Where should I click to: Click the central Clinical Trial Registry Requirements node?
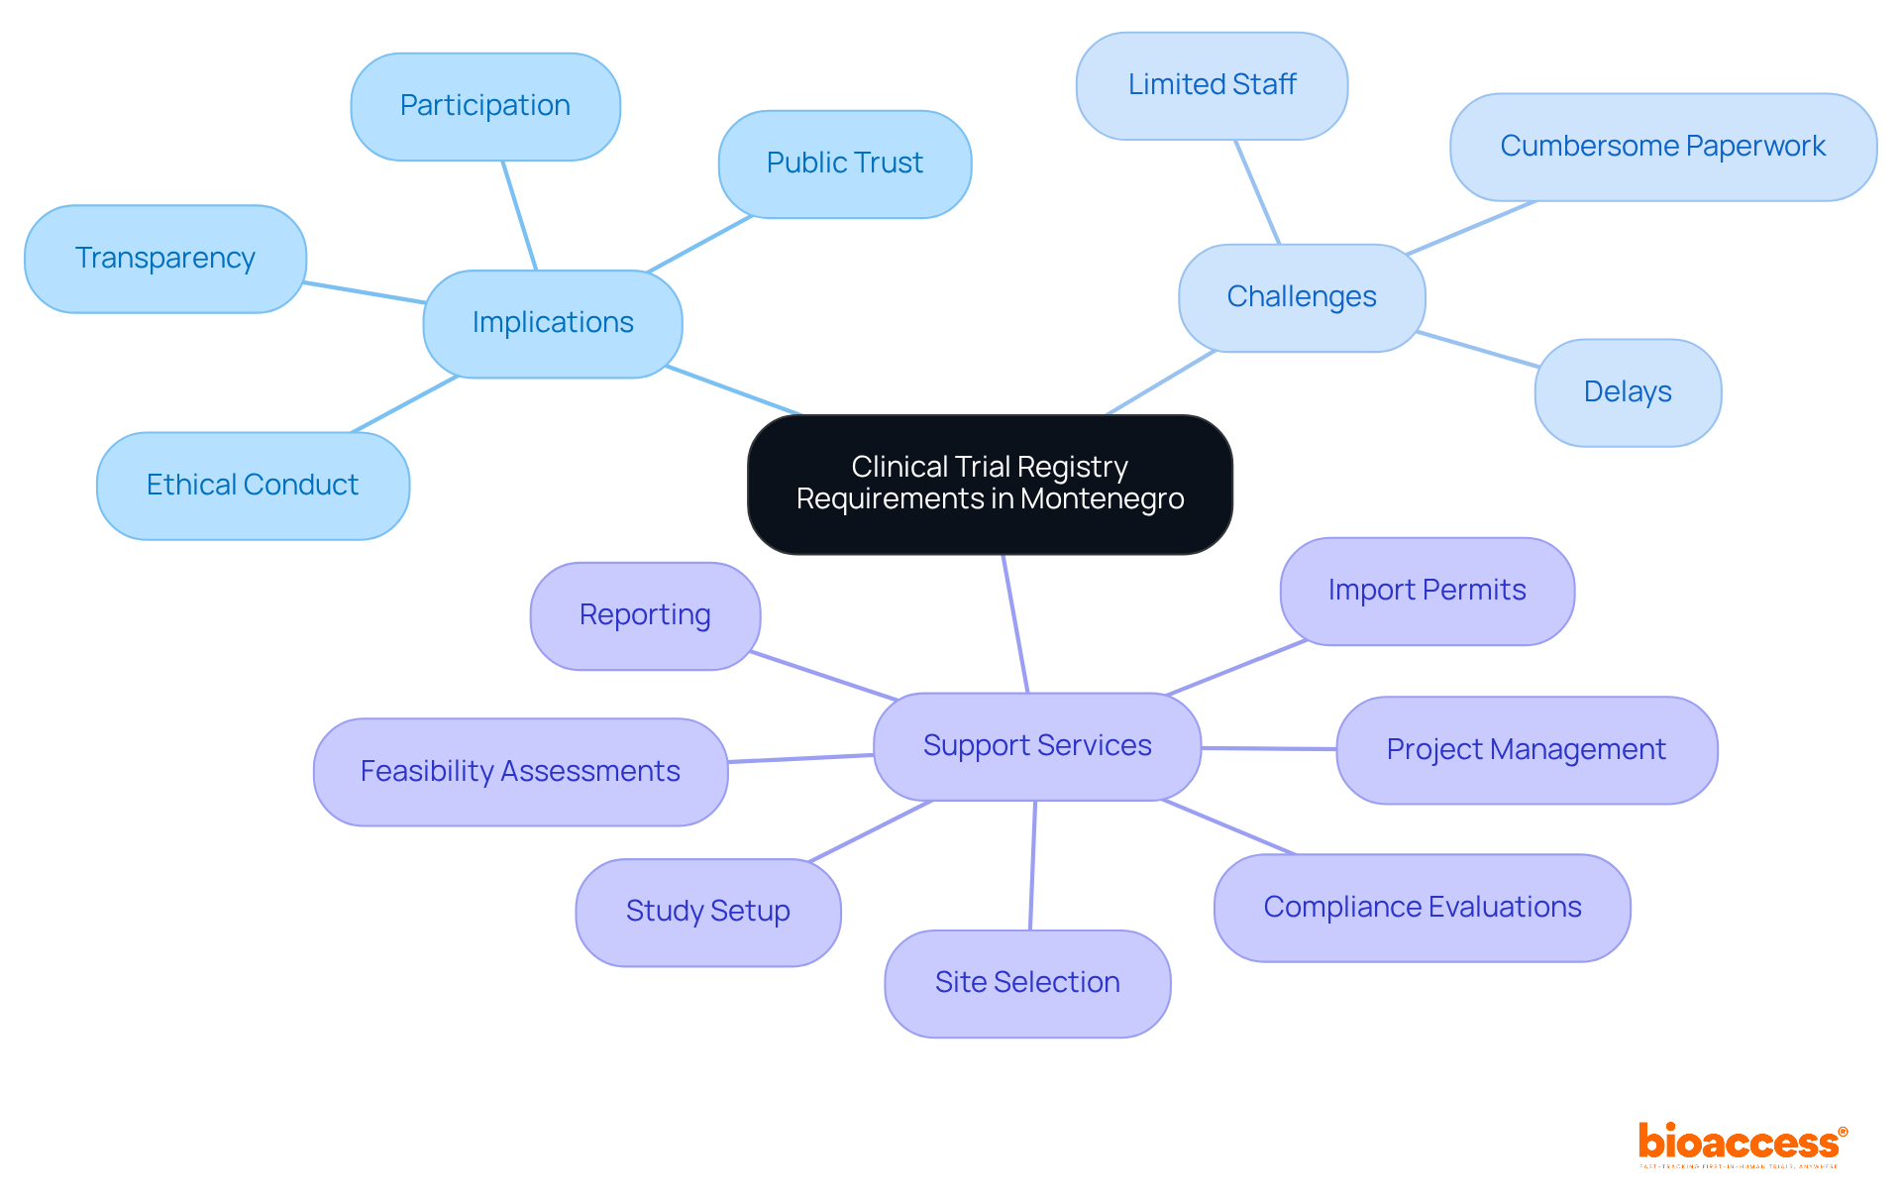point(990,484)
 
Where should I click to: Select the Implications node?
point(553,323)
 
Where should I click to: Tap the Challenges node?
point(1301,297)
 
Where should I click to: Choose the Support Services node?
point(1037,746)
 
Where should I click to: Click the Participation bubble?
point(485,106)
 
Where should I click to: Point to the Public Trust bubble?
point(844,164)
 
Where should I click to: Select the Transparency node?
point(165,259)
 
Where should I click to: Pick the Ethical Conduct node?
point(253,486)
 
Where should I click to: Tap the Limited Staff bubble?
point(1212,85)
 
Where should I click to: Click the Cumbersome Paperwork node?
point(1662,147)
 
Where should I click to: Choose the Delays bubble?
point(1628,392)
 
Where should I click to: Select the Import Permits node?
point(1426,591)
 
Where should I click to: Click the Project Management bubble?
point(1526,750)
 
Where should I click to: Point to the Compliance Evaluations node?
point(1422,908)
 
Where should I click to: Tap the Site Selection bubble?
point(1027,983)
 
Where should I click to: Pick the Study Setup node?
point(707,912)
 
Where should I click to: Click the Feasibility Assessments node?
point(520,772)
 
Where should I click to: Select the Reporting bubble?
point(645,615)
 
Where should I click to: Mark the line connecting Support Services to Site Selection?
point(1032,865)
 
